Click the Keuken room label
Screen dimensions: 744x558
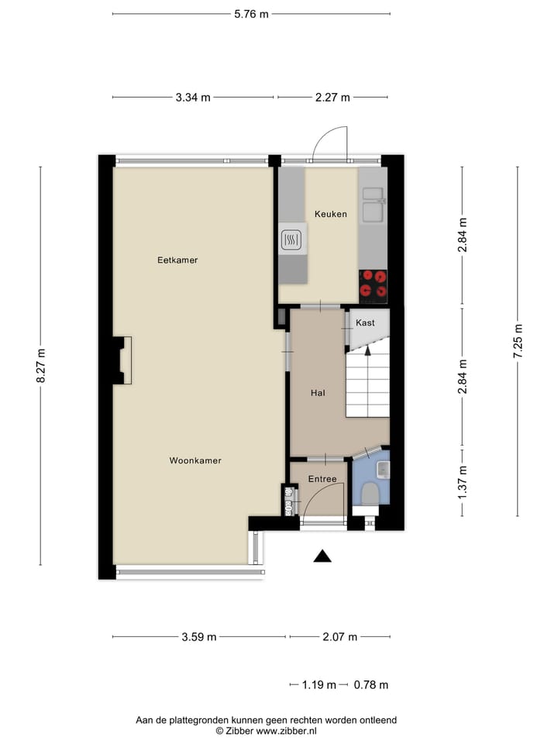(330, 214)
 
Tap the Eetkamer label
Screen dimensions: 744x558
(177, 260)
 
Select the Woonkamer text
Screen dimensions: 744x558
(195, 460)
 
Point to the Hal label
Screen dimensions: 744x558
(317, 393)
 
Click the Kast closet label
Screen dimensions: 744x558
(365, 322)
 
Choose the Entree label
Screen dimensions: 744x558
(322, 479)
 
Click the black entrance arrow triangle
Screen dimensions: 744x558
(322, 556)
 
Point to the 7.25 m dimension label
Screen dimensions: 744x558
(518, 341)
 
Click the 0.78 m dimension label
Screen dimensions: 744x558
(370, 685)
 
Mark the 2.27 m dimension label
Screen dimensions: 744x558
(332, 98)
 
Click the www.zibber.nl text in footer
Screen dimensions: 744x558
(286, 731)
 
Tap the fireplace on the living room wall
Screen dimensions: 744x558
(122, 360)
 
